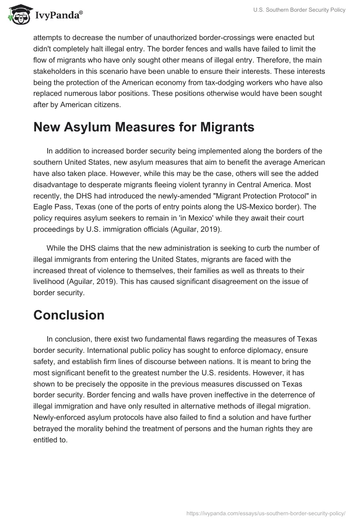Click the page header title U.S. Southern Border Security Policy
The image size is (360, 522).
(299, 10)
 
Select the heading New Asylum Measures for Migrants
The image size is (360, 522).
(144, 127)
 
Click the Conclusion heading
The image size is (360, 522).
(69, 315)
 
